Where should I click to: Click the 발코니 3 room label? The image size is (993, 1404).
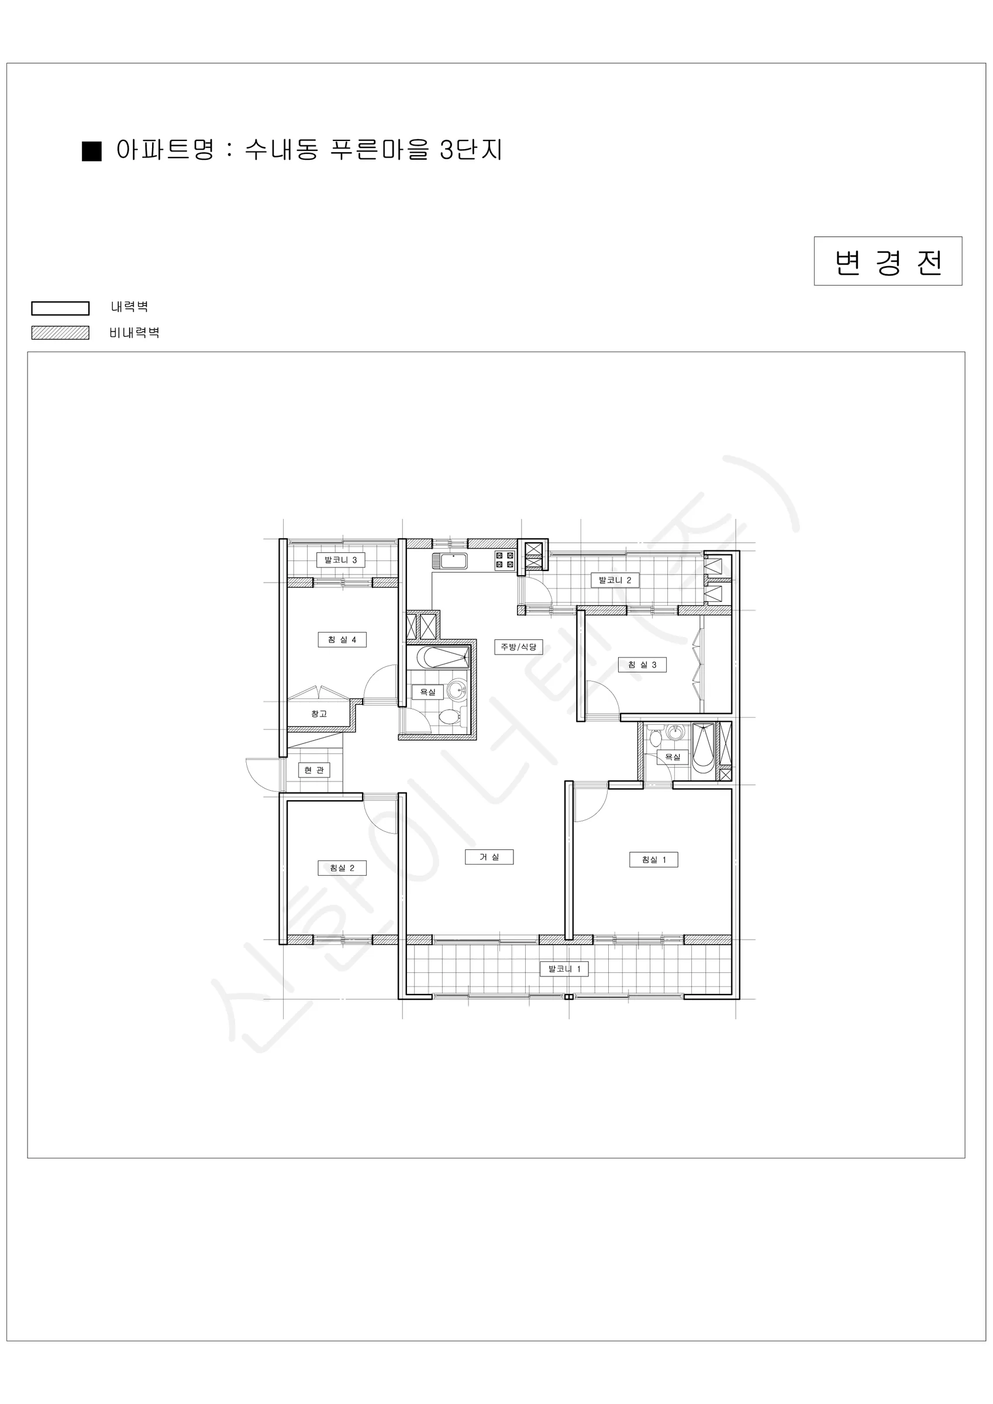[x=340, y=559]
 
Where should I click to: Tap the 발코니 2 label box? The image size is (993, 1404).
[x=615, y=580]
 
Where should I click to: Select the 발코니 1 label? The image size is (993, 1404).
[x=564, y=969]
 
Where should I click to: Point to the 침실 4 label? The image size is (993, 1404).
[x=342, y=639]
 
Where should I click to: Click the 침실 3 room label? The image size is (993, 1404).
[x=642, y=665]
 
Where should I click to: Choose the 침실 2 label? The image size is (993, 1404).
[x=342, y=868]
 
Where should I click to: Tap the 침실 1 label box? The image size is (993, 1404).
[x=654, y=860]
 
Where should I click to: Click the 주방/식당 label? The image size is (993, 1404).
[x=519, y=647]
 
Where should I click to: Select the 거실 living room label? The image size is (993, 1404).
[x=489, y=856]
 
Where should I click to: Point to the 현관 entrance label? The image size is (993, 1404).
[x=313, y=770]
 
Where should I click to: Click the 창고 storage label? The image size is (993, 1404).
[x=319, y=714]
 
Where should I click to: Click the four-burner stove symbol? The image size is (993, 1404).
[x=505, y=559]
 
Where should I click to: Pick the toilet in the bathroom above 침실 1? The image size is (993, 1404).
[x=656, y=738]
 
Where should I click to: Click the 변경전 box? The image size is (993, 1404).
[x=888, y=261]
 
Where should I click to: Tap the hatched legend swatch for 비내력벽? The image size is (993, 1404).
[x=61, y=333]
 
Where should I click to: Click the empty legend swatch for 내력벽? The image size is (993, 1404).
[x=61, y=308]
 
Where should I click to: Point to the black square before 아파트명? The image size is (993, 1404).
[x=92, y=151]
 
